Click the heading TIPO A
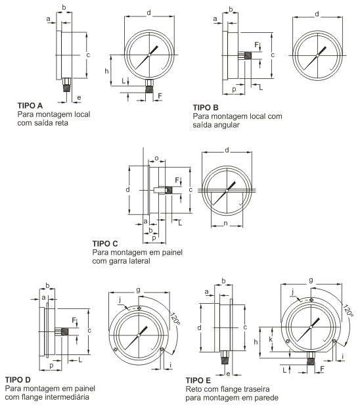[x=30, y=106]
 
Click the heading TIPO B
[x=206, y=107]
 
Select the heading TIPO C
[x=105, y=244]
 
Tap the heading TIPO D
[x=18, y=380]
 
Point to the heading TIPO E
[x=198, y=381]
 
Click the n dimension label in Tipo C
[x=225, y=224]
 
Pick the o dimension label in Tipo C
[x=156, y=158]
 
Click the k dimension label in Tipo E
[x=271, y=339]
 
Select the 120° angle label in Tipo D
[x=175, y=318]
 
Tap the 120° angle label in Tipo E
[x=348, y=310]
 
